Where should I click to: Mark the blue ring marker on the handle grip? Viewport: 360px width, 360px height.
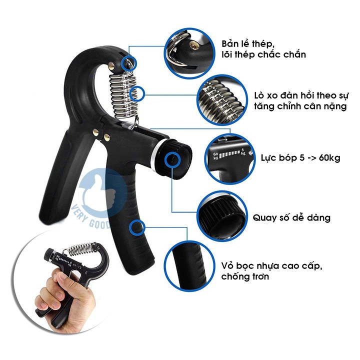click(x=135, y=229)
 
